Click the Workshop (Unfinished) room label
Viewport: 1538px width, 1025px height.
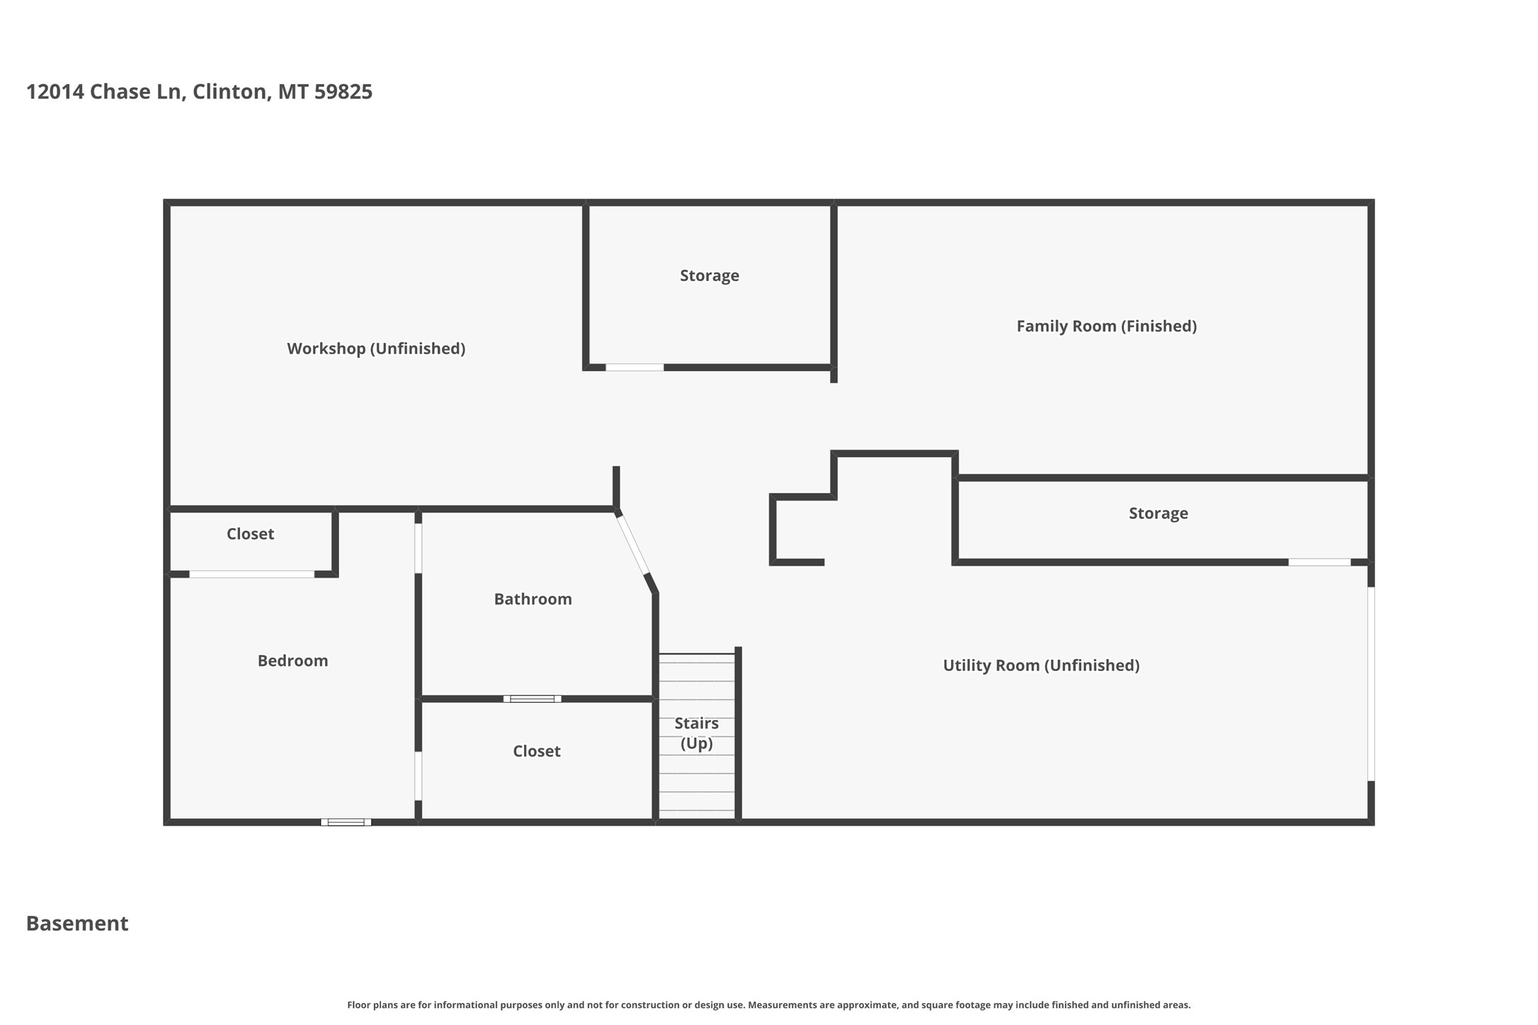(376, 348)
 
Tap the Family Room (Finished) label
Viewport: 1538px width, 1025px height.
(1107, 326)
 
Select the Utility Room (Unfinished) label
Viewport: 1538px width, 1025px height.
(1041, 665)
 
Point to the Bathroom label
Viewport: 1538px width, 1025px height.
(532, 599)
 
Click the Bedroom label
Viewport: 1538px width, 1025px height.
(292, 660)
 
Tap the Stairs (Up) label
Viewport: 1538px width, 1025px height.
(697, 733)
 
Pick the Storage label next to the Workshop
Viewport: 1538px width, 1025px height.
(710, 275)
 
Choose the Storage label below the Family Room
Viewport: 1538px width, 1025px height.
(1158, 513)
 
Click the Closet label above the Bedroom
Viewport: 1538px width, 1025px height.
(250, 534)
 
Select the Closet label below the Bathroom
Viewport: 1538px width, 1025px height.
(537, 751)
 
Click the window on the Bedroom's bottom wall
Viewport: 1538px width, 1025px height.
(346, 822)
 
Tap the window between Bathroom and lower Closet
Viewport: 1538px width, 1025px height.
(532, 699)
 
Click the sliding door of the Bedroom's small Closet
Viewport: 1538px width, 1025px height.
(251, 574)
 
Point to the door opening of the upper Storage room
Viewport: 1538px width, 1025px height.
(634, 367)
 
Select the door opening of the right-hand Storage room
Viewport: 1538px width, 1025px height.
(1319, 562)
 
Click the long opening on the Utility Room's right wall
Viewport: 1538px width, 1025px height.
(1371, 684)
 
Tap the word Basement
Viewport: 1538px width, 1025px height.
(77, 923)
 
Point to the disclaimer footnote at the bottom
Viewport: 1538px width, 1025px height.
(769, 1004)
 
